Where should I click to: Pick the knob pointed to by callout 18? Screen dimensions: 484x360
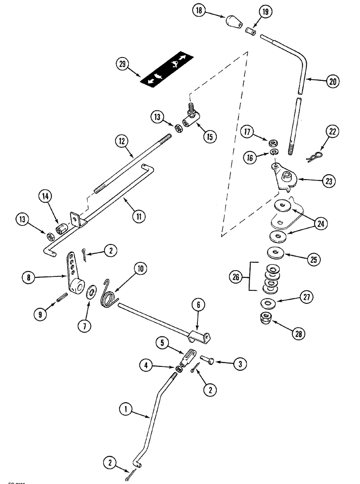pos(233,22)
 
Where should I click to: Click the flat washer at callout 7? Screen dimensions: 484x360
pos(90,295)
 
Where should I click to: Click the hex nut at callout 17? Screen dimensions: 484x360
pos(272,143)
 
